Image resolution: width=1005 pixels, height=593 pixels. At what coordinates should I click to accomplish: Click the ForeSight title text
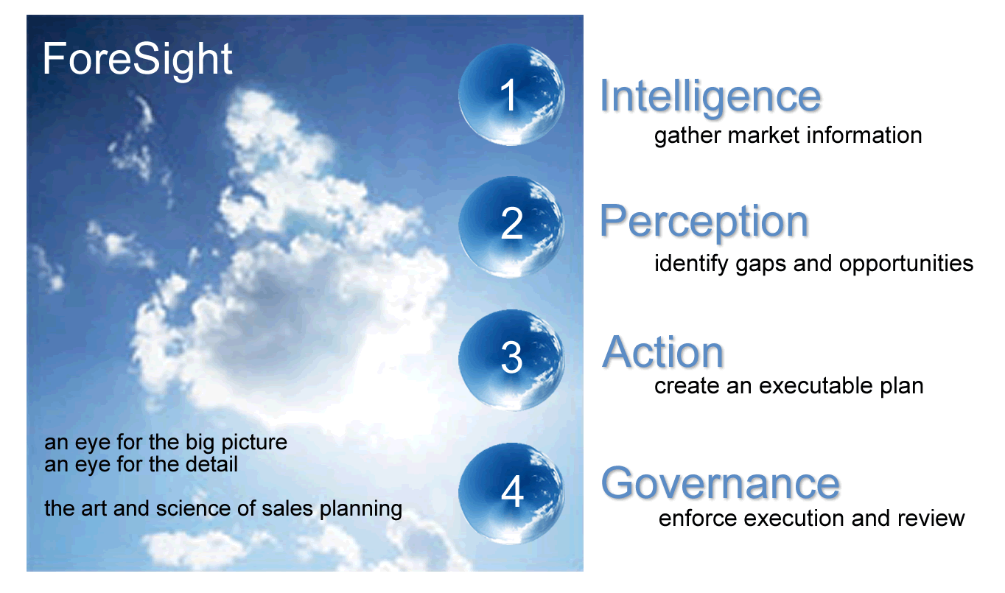[x=137, y=60]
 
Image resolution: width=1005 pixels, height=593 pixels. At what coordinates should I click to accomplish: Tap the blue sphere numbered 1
[x=511, y=94]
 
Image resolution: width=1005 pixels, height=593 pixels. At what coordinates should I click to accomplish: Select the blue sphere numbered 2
[x=511, y=227]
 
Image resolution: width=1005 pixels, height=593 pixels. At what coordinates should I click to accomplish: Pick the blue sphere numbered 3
[x=511, y=359]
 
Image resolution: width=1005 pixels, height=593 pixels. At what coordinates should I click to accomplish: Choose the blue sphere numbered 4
[x=511, y=494]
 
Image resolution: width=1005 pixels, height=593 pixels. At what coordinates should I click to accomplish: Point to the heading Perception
[x=704, y=223]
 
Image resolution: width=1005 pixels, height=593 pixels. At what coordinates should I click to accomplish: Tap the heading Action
[x=662, y=352]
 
